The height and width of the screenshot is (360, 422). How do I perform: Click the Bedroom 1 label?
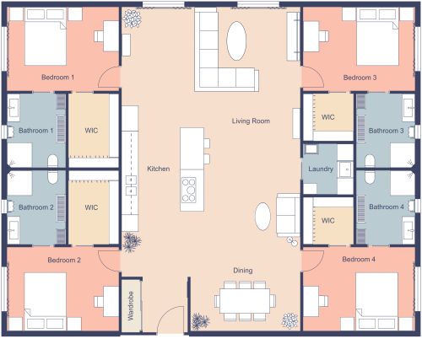(x=58, y=78)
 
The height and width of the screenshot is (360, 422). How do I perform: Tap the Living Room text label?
(x=251, y=121)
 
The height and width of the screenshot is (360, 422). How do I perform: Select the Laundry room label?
(x=321, y=169)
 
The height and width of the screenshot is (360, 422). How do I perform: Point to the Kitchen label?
(x=159, y=169)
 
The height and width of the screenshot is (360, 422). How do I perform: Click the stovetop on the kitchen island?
(x=189, y=189)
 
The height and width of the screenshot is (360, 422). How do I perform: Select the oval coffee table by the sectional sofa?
(x=237, y=38)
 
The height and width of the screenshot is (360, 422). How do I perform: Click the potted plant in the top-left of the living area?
(x=133, y=19)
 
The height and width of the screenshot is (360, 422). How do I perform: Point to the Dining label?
(x=243, y=270)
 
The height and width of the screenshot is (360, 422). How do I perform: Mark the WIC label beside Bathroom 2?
(x=91, y=207)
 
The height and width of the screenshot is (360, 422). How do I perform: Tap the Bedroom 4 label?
(x=359, y=260)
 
